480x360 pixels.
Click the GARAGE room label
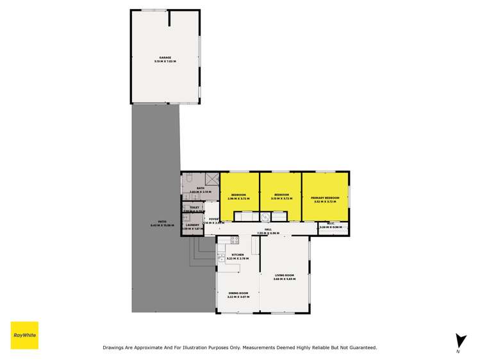pos(165,57)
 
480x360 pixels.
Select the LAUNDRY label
pos(193,225)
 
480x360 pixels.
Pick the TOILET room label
pos(195,208)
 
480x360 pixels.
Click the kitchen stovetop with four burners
pos(235,240)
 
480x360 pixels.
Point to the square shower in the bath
pos(211,179)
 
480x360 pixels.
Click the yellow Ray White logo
pos(24,335)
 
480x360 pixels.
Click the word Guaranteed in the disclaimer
pos(360,347)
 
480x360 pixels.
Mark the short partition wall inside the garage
pos(169,17)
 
